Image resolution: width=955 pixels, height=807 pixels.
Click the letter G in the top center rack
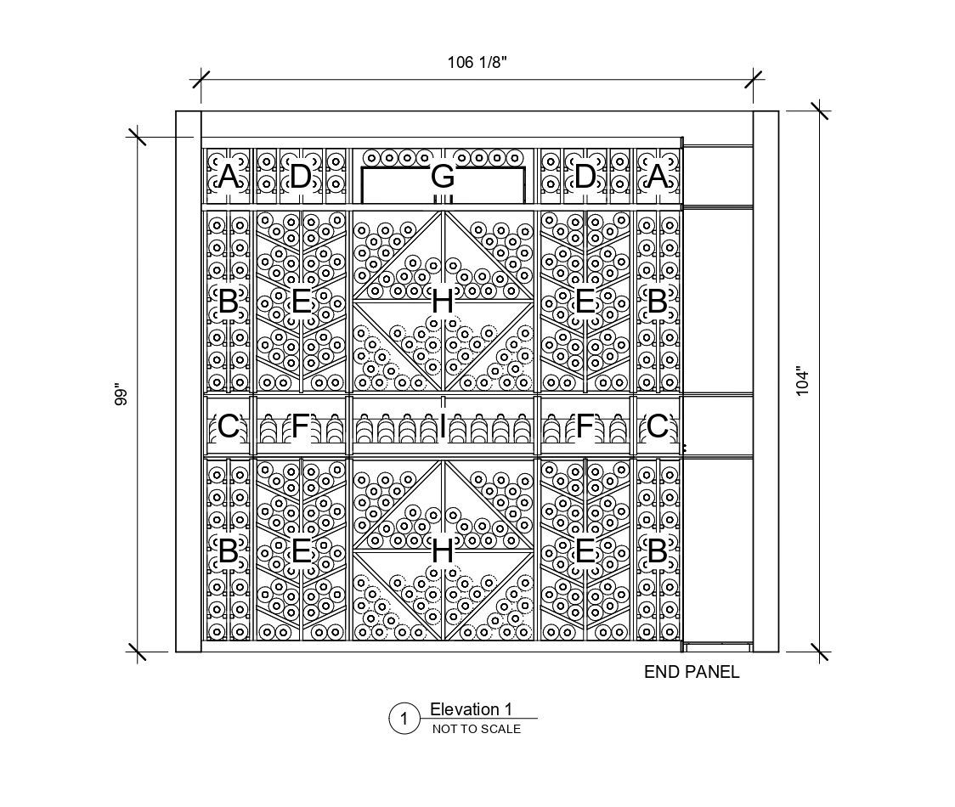click(x=443, y=177)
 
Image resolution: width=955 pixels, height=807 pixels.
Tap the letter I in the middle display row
click(x=443, y=426)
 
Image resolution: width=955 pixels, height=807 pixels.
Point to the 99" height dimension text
click(x=121, y=396)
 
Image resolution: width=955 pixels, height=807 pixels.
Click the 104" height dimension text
click(x=803, y=381)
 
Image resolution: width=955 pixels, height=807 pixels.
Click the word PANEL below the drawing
click(x=712, y=672)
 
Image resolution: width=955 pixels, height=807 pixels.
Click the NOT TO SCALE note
click(x=477, y=729)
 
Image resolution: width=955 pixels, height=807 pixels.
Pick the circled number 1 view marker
click(x=404, y=720)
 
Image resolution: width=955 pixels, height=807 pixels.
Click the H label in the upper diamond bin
click(x=443, y=301)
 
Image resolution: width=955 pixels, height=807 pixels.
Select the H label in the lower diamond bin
click(x=443, y=551)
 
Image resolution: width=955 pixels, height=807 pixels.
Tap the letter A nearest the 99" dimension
click(x=228, y=177)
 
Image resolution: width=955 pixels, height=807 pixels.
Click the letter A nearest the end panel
click(x=657, y=177)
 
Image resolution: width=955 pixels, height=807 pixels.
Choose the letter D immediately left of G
click(x=301, y=177)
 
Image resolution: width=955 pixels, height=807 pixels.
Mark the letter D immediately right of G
click(x=585, y=177)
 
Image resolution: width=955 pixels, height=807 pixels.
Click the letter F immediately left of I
click(x=301, y=426)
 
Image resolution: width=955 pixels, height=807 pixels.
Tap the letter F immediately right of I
click(x=585, y=426)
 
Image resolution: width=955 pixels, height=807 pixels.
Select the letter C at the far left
click(x=228, y=426)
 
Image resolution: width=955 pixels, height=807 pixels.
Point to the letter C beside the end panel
click(x=657, y=426)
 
